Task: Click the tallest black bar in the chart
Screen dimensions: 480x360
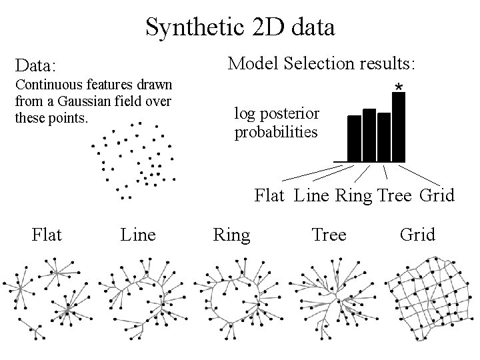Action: (x=399, y=127)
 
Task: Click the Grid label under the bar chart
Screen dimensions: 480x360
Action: (x=437, y=196)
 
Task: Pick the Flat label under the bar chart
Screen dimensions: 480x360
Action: (x=270, y=196)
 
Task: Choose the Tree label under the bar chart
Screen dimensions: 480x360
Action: (x=395, y=196)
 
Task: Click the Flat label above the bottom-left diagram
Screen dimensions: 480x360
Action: (x=47, y=235)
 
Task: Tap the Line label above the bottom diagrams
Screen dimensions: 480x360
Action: (x=138, y=235)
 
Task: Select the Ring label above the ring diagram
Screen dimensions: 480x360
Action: (x=231, y=235)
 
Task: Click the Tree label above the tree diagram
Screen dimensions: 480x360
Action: (x=329, y=235)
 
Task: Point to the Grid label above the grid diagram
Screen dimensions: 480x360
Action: (x=417, y=235)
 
